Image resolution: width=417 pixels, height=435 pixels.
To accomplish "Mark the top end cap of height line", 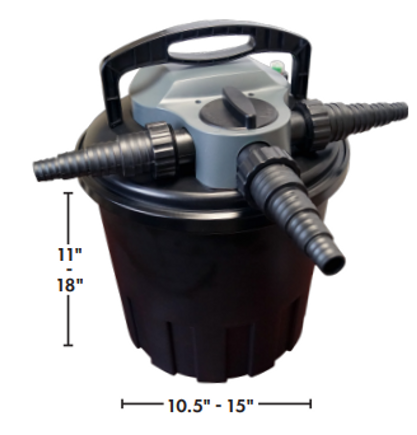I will coord(68,193).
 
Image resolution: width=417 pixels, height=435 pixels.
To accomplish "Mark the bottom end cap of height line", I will coord(68,345).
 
